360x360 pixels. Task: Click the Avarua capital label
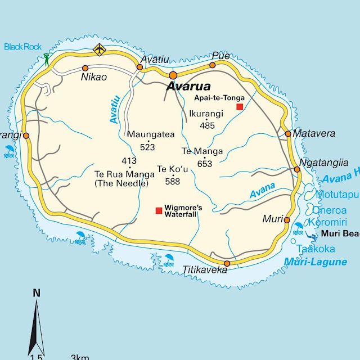(x=188, y=87)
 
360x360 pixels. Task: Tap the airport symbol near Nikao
(x=100, y=49)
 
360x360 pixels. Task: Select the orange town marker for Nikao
(x=85, y=68)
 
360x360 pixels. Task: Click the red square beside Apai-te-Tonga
(x=240, y=106)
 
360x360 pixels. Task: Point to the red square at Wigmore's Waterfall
(x=159, y=211)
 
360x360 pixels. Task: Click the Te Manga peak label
(x=202, y=151)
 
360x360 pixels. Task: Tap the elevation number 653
(x=205, y=164)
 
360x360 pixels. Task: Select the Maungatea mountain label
(x=151, y=134)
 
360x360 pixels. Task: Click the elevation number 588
(x=172, y=181)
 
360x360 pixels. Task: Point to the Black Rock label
(x=23, y=47)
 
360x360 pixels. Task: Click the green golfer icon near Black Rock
(x=47, y=58)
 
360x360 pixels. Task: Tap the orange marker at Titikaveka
(x=227, y=263)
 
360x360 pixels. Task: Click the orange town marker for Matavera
(x=288, y=134)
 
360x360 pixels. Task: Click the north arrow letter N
(x=37, y=292)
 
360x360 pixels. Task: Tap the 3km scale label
(x=80, y=357)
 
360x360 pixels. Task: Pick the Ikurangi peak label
(x=206, y=114)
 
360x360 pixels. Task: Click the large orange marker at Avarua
(x=173, y=75)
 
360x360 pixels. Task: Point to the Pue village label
(x=221, y=56)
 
